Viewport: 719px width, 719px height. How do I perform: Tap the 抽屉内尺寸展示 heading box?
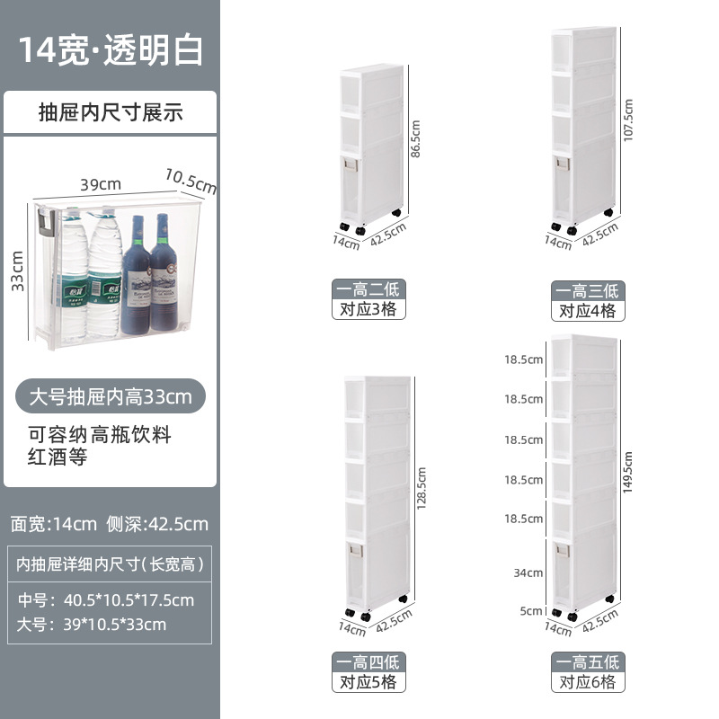click(x=111, y=112)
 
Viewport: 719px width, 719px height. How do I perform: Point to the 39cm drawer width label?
click(x=101, y=184)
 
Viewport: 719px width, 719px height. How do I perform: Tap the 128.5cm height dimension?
click(x=420, y=487)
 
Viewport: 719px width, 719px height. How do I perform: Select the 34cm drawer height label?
click(x=528, y=573)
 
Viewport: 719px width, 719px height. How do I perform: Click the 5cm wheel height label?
click(x=531, y=611)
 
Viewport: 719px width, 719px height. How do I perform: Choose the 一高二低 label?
click(x=368, y=290)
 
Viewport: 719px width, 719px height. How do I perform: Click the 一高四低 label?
click(x=368, y=662)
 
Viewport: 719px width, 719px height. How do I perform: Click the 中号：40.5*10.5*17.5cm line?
click(x=106, y=599)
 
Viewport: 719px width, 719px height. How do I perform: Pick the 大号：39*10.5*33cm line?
click(x=92, y=624)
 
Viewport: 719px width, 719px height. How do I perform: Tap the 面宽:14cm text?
click(x=53, y=523)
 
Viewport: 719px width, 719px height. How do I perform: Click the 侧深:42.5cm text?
click(x=157, y=523)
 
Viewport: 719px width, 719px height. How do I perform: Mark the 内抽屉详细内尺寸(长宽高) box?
click(x=111, y=564)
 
